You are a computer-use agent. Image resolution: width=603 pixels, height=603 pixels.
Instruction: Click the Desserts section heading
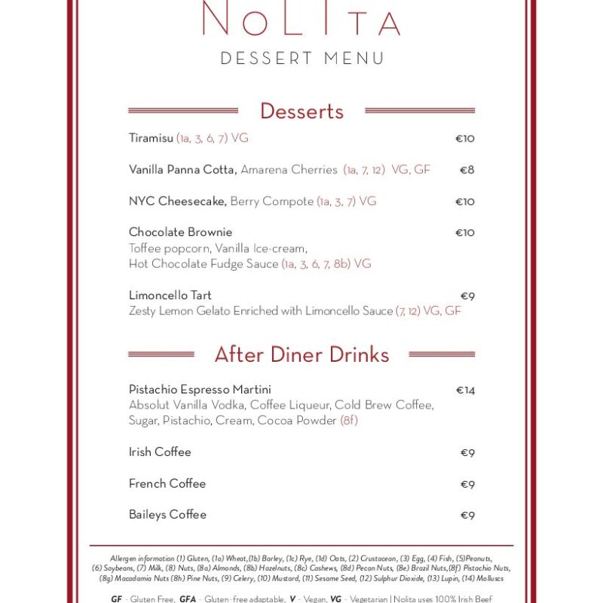click(x=301, y=111)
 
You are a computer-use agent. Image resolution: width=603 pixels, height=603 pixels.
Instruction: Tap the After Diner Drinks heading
click(x=301, y=354)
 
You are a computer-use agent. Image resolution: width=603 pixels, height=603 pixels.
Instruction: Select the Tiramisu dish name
click(x=152, y=139)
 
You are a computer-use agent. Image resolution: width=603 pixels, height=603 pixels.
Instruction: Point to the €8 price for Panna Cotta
click(x=467, y=170)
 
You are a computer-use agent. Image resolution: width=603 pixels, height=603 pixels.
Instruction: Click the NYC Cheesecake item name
click(x=177, y=201)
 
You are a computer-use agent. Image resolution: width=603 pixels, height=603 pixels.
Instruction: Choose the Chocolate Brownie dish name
click(x=180, y=232)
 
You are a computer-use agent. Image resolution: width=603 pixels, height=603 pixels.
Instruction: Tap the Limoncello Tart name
click(x=170, y=295)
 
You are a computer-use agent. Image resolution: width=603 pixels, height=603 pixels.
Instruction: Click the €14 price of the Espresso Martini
click(x=465, y=390)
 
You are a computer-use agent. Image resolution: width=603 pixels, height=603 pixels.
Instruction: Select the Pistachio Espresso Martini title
click(x=200, y=390)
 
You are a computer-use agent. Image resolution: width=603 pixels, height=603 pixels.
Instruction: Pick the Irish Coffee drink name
click(x=160, y=452)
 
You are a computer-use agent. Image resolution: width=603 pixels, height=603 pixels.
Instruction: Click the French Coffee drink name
click(x=167, y=484)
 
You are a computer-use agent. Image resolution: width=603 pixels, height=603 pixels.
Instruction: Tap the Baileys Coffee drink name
click(x=167, y=515)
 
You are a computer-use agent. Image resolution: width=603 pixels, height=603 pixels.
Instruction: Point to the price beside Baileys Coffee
click(x=467, y=516)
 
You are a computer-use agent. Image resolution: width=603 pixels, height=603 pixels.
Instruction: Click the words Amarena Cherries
click(x=289, y=170)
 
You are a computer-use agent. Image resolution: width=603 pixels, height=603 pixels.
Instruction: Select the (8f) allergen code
click(x=349, y=421)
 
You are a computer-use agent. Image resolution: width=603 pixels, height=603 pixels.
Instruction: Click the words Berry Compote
click(x=271, y=201)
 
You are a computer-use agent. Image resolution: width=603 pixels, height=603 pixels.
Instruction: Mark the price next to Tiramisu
click(x=464, y=139)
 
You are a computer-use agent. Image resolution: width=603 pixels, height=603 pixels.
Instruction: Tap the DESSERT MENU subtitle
click(x=302, y=58)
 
